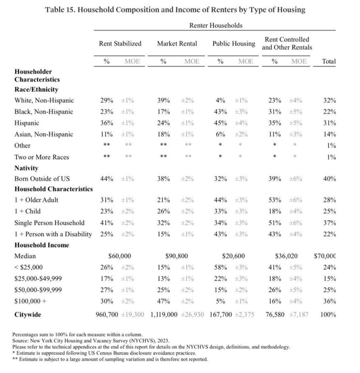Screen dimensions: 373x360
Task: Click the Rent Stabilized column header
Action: [x=120, y=44]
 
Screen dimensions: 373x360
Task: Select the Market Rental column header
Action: [x=177, y=44]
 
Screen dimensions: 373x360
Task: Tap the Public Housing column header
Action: [x=233, y=44]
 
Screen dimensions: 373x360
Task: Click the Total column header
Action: [x=329, y=61]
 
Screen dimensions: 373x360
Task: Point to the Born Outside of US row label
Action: [x=42, y=179]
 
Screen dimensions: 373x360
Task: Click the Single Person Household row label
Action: [x=49, y=223]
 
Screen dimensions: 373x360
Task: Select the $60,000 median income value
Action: [x=119, y=256]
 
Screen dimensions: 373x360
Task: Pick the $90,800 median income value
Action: [x=177, y=256]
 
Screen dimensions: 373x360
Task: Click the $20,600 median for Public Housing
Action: [x=234, y=256]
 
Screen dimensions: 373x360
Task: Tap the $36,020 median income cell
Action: [x=286, y=256]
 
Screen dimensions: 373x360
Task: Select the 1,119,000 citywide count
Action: [x=164, y=315]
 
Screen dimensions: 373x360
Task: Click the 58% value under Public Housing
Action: [x=220, y=267]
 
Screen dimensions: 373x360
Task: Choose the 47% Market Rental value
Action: [x=163, y=301]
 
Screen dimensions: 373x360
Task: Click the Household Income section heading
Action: [x=42, y=245]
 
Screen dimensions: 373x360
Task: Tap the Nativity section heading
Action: [x=27, y=168]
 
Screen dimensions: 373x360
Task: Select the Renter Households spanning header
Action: [x=215, y=25]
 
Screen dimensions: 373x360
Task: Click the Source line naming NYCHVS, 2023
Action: [x=91, y=341]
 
